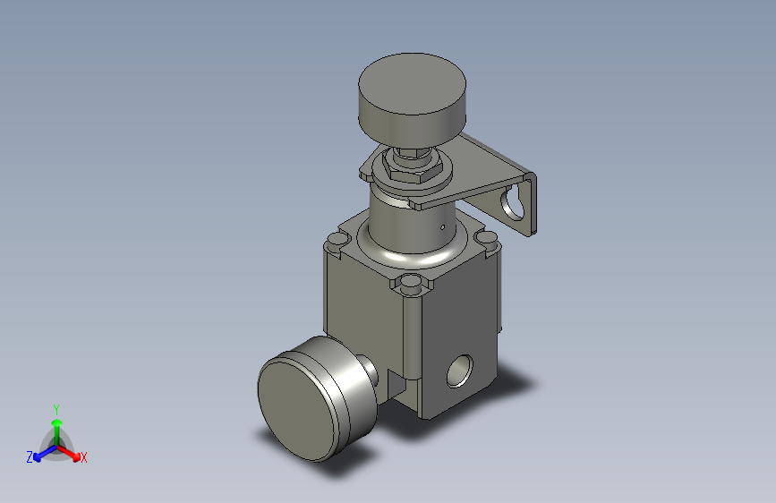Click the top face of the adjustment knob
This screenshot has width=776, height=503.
tap(412, 83)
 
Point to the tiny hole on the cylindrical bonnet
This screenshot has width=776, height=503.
tap(442, 227)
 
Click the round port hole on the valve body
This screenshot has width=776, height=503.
tap(460, 371)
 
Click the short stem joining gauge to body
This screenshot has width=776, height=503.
tap(369, 371)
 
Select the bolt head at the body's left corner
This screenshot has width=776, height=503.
tap(337, 241)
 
